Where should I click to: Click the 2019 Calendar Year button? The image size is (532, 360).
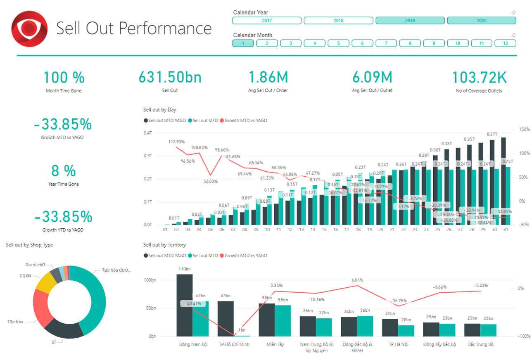[x=410, y=21]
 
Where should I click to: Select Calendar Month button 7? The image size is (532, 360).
[x=386, y=43]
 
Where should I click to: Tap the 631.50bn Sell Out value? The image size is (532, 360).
[x=170, y=78]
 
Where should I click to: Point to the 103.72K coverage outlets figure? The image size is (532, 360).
[x=479, y=78]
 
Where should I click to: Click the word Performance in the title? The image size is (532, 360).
[x=165, y=28]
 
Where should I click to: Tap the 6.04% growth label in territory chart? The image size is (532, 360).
[x=357, y=280]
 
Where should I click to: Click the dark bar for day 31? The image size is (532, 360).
[x=503, y=182]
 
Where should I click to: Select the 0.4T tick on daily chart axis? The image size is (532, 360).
[x=147, y=133]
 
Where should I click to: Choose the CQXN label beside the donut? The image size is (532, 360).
[x=26, y=275]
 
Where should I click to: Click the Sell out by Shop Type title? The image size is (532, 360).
[x=29, y=245]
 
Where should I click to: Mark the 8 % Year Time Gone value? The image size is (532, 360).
[x=64, y=171]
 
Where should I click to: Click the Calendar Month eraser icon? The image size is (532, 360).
[x=514, y=35]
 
